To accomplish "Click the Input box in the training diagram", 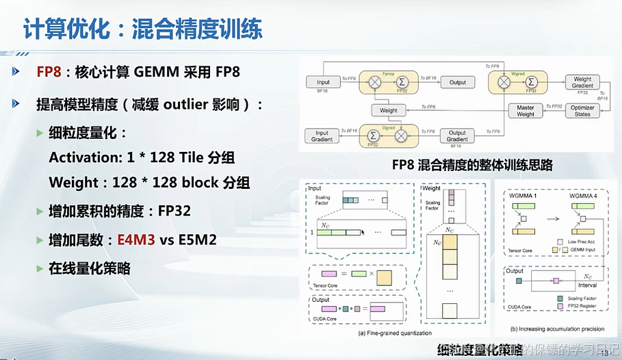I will (x=323, y=82).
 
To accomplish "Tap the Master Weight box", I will (x=525, y=110).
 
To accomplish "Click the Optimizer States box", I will (x=583, y=110).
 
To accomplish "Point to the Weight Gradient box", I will (x=583, y=82).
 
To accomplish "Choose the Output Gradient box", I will (x=457, y=136).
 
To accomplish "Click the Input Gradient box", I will (x=322, y=136).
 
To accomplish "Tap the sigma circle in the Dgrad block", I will (x=374, y=136).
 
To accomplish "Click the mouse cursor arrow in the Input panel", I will (x=363, y=233).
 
